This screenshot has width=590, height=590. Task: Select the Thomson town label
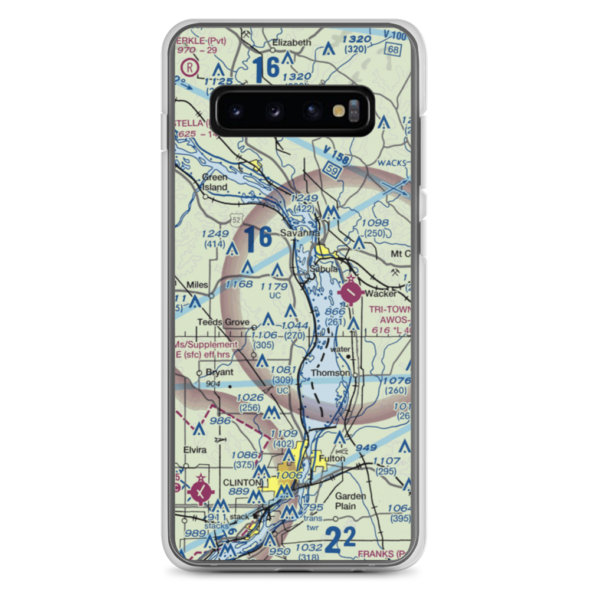click(330, 373)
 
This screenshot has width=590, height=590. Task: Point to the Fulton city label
click(330, 458)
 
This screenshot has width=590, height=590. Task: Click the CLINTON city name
click(242, 483)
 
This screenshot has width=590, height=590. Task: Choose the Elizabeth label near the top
click(291, 42)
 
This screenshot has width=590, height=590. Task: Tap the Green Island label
click(214, 182)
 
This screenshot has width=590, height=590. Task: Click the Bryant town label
click(219, 372)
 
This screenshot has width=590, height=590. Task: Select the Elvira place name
click(195, 450)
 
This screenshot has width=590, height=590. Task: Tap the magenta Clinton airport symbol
click(201, 490)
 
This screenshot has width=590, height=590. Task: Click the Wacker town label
click(381, 294)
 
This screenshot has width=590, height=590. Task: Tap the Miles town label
click(197, 285)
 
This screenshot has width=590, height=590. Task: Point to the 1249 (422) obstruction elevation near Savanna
click(305, 203)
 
